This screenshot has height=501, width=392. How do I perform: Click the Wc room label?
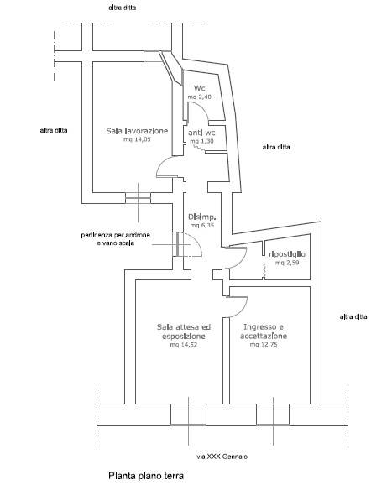[199, 88]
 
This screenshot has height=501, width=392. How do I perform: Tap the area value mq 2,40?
[199, 97]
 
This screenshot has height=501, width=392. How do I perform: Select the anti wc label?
[201, 133]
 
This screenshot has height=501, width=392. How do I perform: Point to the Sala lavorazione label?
[137, 131]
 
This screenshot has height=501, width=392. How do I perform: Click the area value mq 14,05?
[137, 139]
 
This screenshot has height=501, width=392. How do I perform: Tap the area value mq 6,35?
[202, 225]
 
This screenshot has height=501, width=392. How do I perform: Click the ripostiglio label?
[287, 254]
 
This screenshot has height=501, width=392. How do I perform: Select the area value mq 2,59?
[287, 263]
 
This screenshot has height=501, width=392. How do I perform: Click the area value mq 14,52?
[184, 345]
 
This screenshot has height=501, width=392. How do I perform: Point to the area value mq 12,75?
[264, 344]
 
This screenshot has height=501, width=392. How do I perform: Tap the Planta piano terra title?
[146, 476]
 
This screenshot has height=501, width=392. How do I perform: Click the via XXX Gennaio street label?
[222, 457]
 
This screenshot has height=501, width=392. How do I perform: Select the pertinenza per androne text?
[115, 235]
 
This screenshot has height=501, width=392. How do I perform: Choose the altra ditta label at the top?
[123, 8]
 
